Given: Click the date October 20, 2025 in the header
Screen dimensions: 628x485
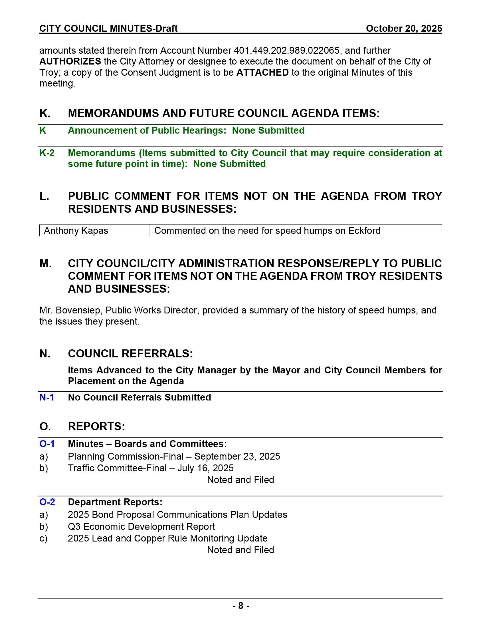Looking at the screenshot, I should click(404, 29).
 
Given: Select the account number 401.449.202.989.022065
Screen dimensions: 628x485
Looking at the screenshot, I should click(286, 51).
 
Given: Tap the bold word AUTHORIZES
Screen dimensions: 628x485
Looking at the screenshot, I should click(70, 62).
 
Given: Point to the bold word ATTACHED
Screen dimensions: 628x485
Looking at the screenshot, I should click(262, 73).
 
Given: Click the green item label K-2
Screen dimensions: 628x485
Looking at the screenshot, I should click(47, 153).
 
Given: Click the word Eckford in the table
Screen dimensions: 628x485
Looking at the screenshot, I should click(364, 231).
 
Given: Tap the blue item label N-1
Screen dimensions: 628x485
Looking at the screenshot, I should click(47, 397).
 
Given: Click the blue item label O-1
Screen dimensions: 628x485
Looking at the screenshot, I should click(47, 444).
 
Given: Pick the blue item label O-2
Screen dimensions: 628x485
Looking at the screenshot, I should click(47, 502).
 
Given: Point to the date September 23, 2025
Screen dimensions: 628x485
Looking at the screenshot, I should click(237, 456).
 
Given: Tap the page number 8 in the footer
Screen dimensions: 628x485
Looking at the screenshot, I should click(241, 606).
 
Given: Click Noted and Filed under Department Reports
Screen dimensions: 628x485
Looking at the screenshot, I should click(241, 550).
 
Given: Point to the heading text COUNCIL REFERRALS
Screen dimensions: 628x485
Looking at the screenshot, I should click(130, 354).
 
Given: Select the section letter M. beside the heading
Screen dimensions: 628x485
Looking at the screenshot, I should click(45, 263).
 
